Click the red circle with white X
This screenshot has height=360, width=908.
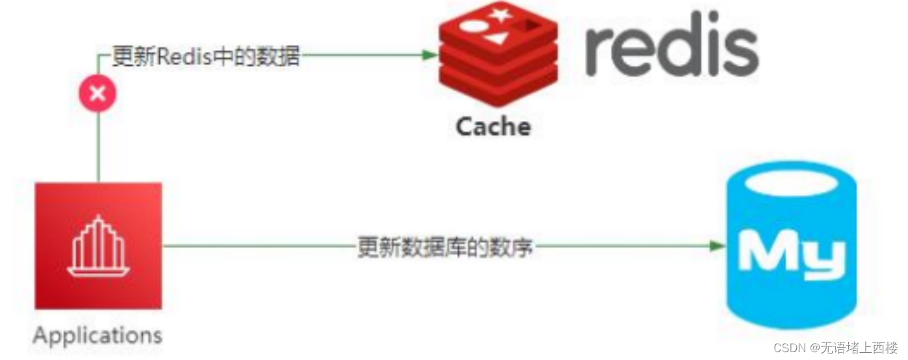tap(97, 94)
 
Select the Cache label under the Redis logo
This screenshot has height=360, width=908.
tap(493, 126)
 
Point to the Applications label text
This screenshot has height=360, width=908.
tap(97, 336)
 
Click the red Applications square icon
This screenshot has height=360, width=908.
tap(98, 245)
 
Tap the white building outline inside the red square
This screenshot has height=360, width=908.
tap(98, 246)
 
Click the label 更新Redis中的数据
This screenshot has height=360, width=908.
tap(206, 56)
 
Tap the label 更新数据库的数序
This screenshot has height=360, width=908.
tap(445, 247)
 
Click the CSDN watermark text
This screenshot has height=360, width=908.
tap(789, 348)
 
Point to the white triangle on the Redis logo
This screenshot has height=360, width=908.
tap(495, 38)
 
